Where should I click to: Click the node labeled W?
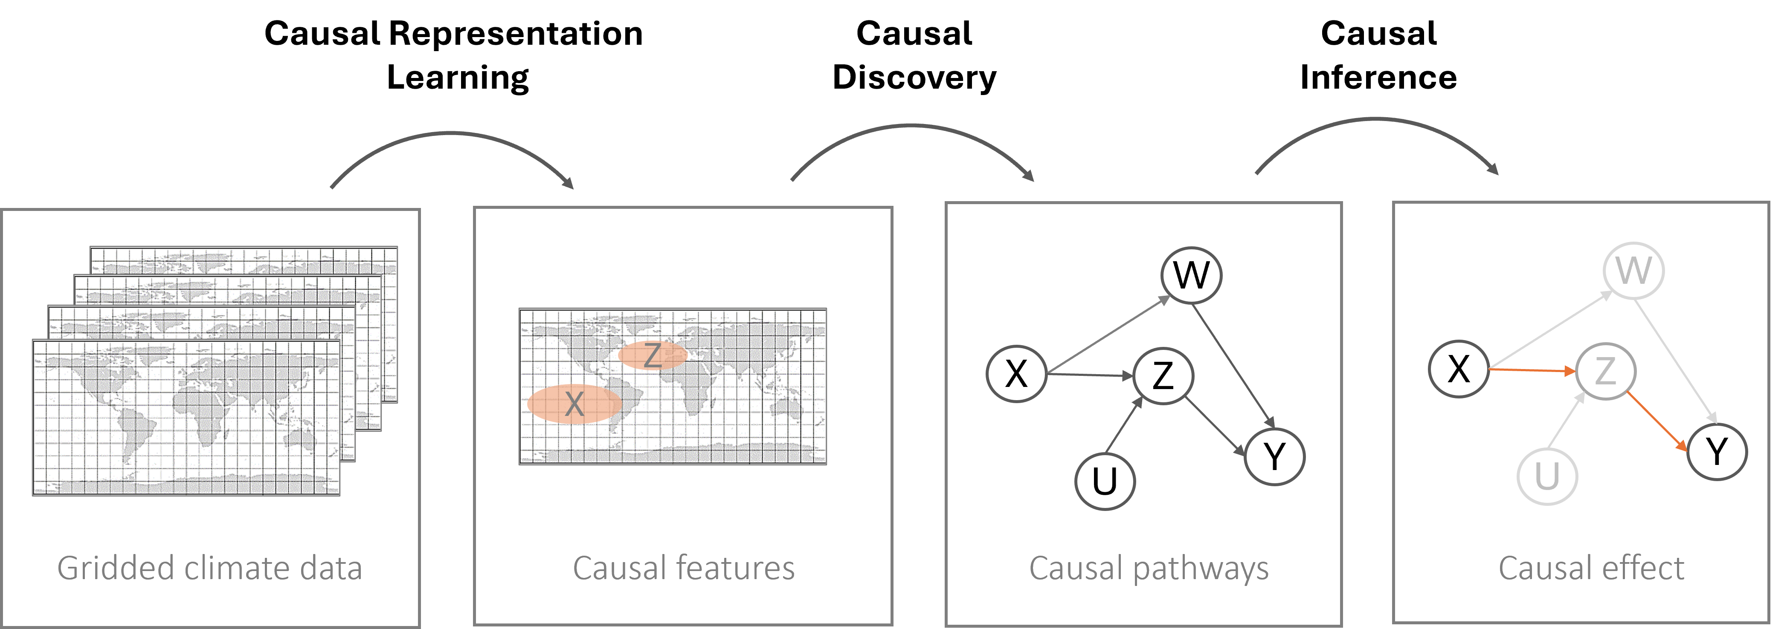tap(1633, 271)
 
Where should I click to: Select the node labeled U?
tap(1547, 476)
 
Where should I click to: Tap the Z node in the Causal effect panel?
tap(1605, 372)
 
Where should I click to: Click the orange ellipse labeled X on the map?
tap(574, 404)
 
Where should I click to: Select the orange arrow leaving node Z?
tap(1657, 421)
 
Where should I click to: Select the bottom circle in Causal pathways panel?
tap(1105, 481)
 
